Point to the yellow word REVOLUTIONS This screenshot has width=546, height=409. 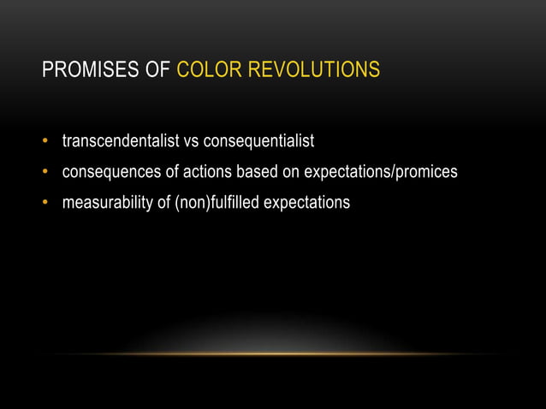[x=312, y=69]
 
